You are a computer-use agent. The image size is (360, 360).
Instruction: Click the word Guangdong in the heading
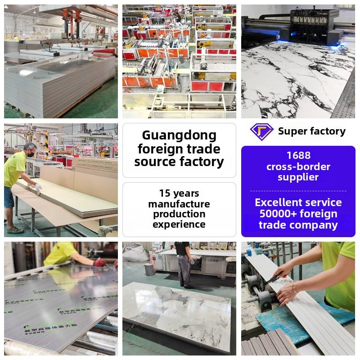179,135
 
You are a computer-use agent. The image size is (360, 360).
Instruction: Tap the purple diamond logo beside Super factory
261,131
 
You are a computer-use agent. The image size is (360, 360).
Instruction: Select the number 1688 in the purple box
298,156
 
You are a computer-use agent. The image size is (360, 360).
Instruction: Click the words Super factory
311,131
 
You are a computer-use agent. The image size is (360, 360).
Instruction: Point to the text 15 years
179,194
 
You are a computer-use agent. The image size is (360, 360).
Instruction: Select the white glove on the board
38,189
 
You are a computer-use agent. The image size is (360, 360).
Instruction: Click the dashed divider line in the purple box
298,191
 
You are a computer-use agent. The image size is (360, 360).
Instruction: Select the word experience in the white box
179,224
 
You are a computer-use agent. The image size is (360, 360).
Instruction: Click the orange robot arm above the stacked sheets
72,18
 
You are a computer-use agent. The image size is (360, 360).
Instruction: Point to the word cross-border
298,166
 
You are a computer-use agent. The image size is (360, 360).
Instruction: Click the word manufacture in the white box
179,204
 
